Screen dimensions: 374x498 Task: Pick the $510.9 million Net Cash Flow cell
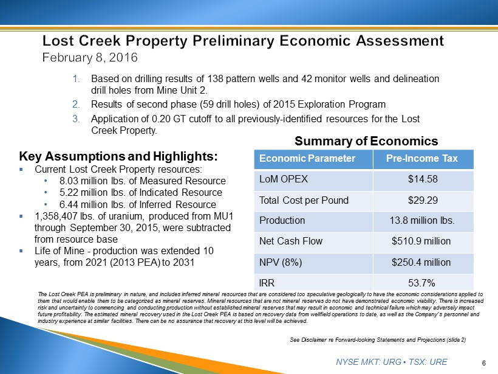coord(422,241)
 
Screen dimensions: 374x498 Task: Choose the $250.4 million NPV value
coord(422,262)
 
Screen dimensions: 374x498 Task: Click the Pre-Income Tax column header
coord(422,158)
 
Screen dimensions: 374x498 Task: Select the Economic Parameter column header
coord(307,158)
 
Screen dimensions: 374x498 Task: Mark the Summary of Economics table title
coord(366,141)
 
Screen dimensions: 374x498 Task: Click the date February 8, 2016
coord(90,58)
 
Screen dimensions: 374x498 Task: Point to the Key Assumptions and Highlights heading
coord(119,156)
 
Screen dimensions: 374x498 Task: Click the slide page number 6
coord(483,363)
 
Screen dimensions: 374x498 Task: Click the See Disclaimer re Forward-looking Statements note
coord(378,339)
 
